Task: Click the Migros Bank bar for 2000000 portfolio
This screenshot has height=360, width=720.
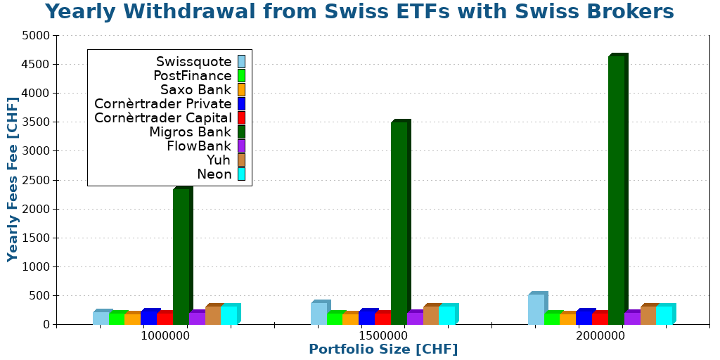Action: click(616, 190)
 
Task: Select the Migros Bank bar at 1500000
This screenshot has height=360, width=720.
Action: click(399, 223)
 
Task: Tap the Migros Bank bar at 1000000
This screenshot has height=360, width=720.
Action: click(181, 257)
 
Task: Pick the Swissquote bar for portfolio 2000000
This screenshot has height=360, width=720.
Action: click(536, 309)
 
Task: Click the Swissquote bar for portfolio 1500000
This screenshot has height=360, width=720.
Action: click(319, 314)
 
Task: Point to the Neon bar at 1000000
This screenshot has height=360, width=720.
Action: click(229, 315)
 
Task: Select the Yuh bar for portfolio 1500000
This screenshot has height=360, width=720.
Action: click(430, 315)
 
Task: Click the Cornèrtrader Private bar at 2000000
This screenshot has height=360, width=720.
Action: click(584, 317)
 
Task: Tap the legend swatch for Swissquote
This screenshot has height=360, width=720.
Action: click(241, 62)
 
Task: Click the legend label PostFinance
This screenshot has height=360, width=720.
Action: click(192, 76)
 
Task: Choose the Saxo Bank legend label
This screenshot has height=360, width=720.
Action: click(195, 90)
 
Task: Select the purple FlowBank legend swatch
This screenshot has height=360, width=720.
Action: click(241, 146)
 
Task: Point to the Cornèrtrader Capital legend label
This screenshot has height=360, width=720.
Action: click(162, 118)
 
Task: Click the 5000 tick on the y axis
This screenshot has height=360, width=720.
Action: click(36, 35)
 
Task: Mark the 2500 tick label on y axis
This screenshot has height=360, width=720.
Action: click(36, 180)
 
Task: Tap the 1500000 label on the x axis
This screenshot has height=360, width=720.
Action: click(382, 336)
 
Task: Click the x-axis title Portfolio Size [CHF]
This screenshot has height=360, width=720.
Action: click(382, 349)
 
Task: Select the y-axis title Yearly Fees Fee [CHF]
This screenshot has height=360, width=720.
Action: click(13, 179)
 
